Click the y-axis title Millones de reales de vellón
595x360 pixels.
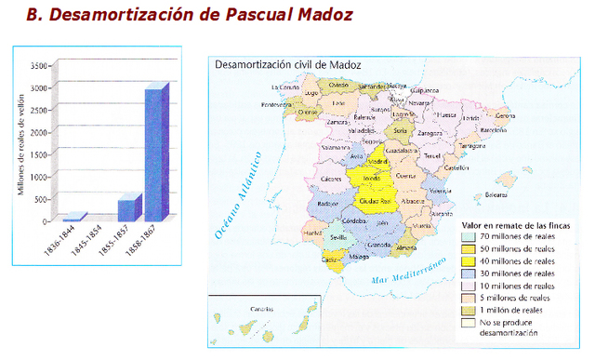click(x=21, y=144)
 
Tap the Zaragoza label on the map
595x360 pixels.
click(x=430, y=133)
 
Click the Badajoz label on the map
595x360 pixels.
click(x=327, y=204)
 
